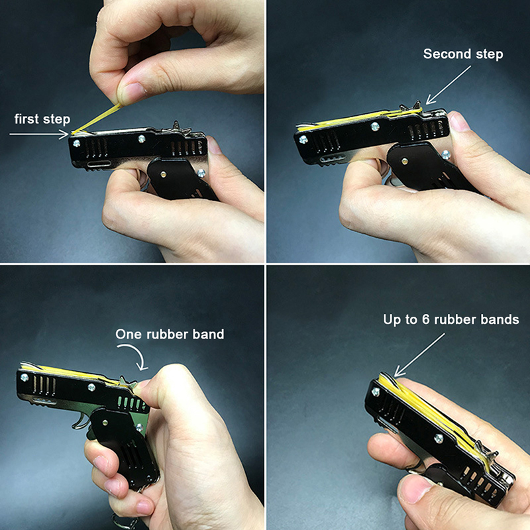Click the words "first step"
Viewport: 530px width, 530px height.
42,119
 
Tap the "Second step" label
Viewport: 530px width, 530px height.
463,54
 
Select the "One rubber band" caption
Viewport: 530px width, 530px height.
170,335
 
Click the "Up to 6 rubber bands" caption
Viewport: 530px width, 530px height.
451,319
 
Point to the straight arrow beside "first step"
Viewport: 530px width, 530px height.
39,134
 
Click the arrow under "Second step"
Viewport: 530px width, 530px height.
449,85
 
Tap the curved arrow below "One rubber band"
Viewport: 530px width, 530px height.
134,356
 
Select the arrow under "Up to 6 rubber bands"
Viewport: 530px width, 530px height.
419,355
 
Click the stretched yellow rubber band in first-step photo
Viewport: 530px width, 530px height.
97,119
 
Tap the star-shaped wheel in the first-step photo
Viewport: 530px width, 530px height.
178,129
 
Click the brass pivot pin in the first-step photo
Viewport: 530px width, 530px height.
164,174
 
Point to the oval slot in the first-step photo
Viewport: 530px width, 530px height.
98,164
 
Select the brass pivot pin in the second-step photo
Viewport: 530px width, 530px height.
404,161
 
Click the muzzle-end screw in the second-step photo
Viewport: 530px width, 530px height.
303,139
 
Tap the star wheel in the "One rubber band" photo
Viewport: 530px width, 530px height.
127,383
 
